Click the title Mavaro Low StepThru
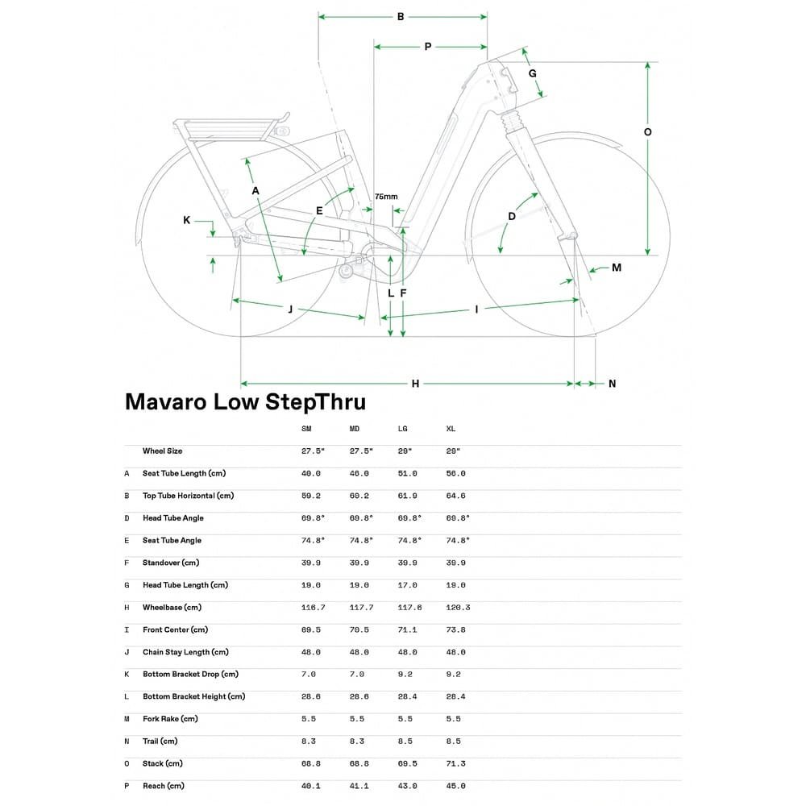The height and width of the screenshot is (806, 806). [245, 402]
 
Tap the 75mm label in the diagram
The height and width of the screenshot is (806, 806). [386, 197]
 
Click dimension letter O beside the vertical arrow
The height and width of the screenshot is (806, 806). [647, 131]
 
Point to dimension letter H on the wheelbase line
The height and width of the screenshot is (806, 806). [415, 384]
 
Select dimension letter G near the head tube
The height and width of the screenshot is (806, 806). [532, 73]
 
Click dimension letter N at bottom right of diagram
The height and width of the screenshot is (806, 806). [612, 384]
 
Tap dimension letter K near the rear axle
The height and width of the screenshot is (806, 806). [186, 220]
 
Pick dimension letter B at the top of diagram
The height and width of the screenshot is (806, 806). [401, 16]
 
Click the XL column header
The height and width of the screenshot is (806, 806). [451, 429]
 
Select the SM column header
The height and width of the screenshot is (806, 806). [306, 429]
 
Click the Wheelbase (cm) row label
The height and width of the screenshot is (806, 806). [172, 607]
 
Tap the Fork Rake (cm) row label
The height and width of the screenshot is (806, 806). [170, 718]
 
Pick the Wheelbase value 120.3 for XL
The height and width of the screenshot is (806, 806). [457, 607]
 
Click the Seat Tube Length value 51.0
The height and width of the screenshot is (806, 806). [408, 473]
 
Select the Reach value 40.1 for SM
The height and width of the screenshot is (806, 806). [310, 785]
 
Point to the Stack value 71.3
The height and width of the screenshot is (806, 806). [455, 762]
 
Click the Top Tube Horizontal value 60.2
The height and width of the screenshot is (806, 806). [359, 496]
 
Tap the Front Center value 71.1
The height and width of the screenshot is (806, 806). [408, 629]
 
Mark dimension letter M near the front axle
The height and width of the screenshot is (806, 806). [616, 268]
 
